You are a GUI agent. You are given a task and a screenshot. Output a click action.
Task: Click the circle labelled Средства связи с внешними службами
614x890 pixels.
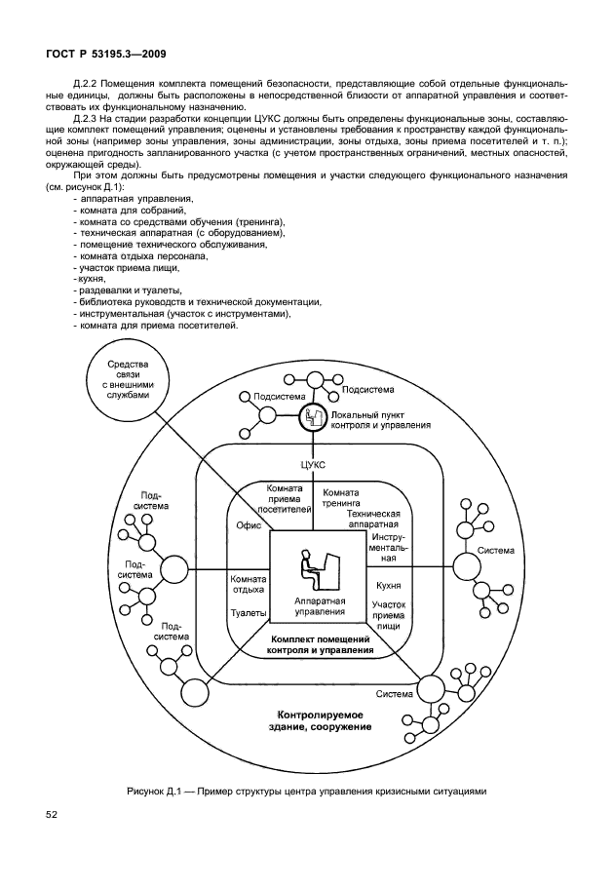pyautogui.click(x=128, y=380)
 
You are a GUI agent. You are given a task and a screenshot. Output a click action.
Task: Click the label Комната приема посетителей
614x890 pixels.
pyautogui.click(x=285, y=497)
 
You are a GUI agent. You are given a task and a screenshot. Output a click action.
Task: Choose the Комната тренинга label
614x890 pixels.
pyautogui.click(x=342, y=498)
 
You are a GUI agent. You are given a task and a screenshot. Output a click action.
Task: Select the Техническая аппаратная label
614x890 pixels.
pyautogui.click(x=374, y=518)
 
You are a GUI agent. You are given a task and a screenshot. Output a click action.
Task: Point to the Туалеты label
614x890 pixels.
pyautogui.click(x=248, y=614)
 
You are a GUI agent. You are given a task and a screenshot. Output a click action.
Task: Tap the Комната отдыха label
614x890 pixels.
pyautogui.click(x=249, y=586)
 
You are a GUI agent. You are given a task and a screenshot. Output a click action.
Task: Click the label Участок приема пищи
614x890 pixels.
pyautogui.click(x=389, y=617)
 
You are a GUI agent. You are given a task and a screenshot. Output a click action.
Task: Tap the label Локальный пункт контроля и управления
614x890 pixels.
pyautogui.click(x=381, y=420)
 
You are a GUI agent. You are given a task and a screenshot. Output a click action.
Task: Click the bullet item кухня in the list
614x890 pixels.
pyautogui.click(x=92, y=278)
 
